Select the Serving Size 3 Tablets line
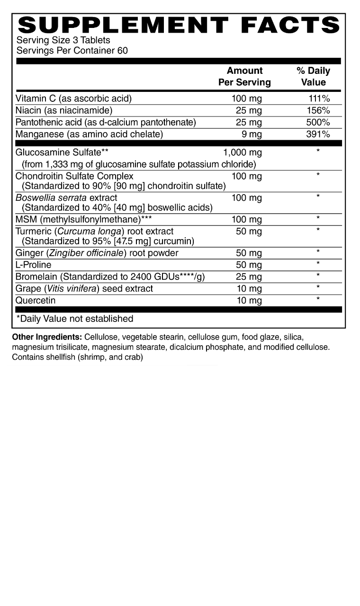[x=63, y=40]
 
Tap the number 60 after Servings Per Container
[x=123, y=50]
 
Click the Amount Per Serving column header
[x=244, y=76]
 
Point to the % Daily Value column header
[x=313, y=76]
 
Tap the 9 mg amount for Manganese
[x=252, y=134]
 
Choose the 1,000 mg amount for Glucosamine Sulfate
[x=242, y=152]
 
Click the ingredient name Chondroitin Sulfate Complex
[x=74, y=176]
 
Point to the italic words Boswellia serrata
[x=51, y=197]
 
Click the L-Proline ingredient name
[x=33, y=265]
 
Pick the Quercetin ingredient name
[x=36, y=300]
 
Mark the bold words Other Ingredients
[x=47, y=337]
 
